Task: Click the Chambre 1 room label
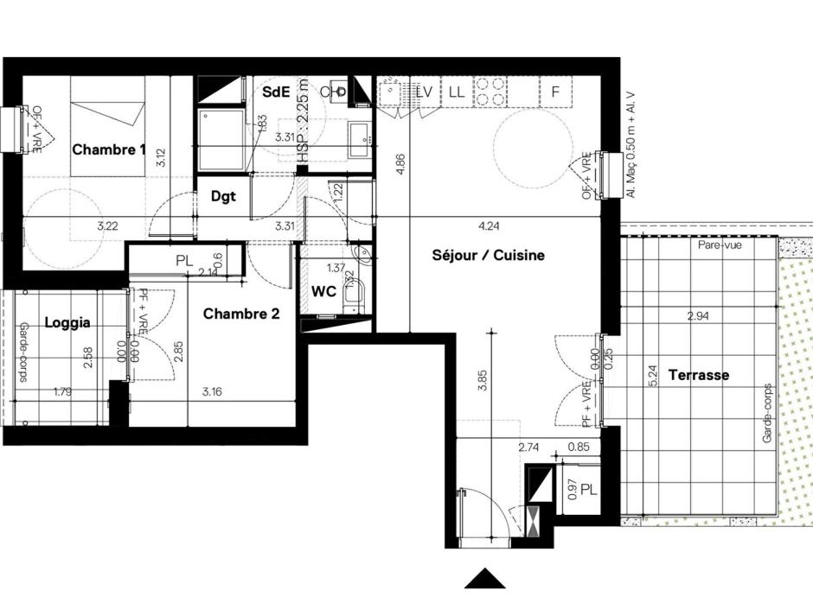pyautogui.click(x=108, y=149)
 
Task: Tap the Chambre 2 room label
pyautogui.click(x=240, y=314)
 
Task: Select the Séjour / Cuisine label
pyautogui.click(x=488, y=256)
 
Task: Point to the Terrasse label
pyautogui.click(x=698, y=375)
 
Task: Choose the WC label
pyautogui.click(x=323, y=292)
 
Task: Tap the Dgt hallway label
pyautogui.click(x=223, y=196)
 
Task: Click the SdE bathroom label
pyautogui.click(x=276, y=92)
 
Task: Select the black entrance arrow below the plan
pyautogui.click(x=484, y=579)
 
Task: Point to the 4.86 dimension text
pyautogui.click(x=400, y=164)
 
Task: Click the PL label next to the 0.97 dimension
pyautogui.click(x=588, y=489)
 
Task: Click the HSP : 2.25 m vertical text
pyautogui.click(x=302, y=117)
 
